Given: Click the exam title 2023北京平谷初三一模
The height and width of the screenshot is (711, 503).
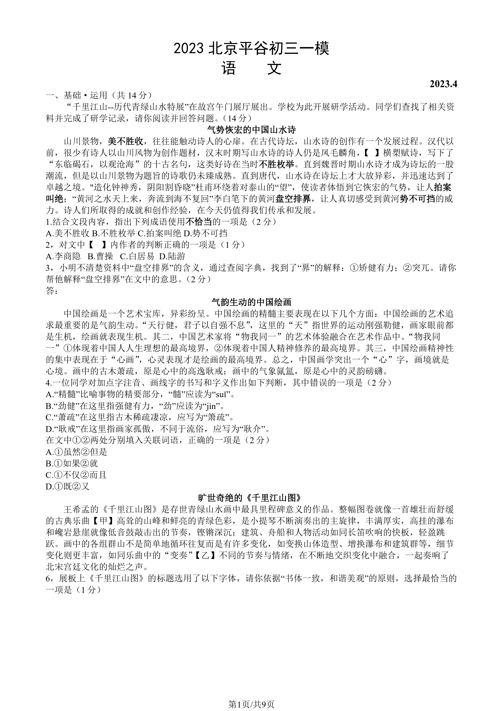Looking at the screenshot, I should [x=251, y=49].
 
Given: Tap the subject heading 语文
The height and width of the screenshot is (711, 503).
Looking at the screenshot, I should [x=251, y=68].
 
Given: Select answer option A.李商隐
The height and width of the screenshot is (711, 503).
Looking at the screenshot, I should [x=63, y=256].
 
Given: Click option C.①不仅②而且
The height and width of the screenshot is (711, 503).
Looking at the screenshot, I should [x=76, y=475].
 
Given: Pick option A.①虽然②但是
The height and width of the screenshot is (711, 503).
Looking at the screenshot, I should [x=76, y=452].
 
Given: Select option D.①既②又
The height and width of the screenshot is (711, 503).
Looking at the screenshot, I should [x=67, y=486].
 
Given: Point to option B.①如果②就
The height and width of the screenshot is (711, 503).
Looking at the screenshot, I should [x=72, y=463].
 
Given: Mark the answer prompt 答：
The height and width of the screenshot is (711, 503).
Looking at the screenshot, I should [x=52, y=291].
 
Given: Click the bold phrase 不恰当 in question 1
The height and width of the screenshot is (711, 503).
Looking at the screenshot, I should [x=198, y=222].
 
